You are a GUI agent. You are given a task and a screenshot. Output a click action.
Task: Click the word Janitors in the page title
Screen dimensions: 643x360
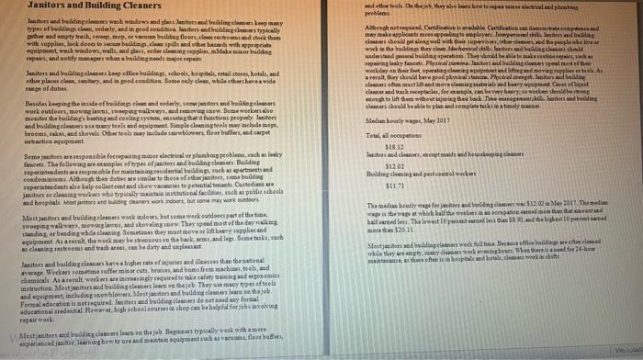pyautogui.click(x=28, y=7)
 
